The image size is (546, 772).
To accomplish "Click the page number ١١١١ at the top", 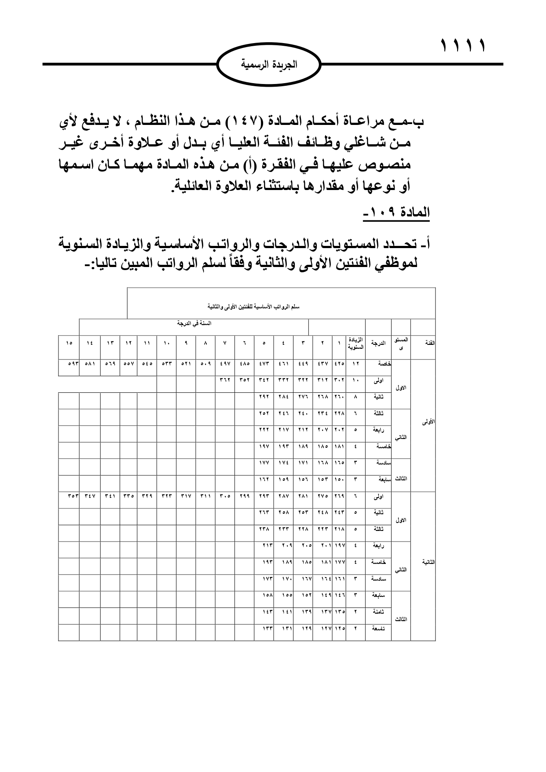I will [x=463, y=45].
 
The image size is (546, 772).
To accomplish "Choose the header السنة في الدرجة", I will [x=194, y=323].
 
